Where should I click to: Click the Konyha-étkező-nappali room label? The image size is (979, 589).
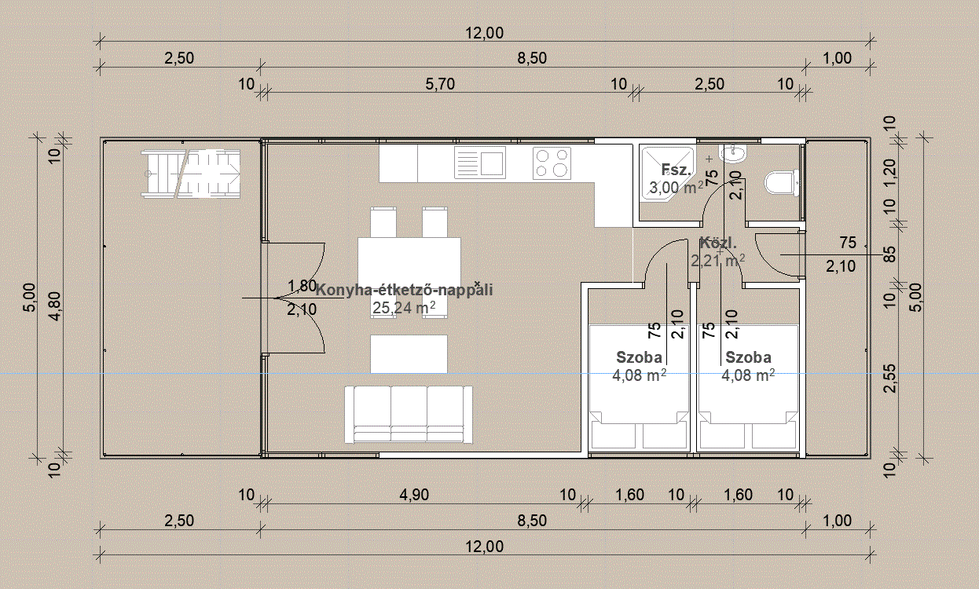[x=404, y=290]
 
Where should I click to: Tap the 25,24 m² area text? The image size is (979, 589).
[x=404, y=308]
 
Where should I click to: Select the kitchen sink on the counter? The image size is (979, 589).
[x=480, y=163]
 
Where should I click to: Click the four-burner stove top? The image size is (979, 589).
[x=552, y=163]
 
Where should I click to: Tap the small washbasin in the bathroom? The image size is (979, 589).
[x=732, y=153]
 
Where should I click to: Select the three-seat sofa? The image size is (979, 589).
[x=409, y=414]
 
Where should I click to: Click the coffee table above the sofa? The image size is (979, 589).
[x=409, y=354]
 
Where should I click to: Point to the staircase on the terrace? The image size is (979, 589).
[x=191, y=174]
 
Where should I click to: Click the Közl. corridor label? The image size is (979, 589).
[x=718, y=243]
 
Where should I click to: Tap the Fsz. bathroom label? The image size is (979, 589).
[x=676, y=169]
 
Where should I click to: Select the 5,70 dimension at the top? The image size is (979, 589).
[x=440, y=84]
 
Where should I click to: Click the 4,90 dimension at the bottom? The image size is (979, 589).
[x=414, y=495]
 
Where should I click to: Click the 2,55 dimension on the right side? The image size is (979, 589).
[x=889, y=379]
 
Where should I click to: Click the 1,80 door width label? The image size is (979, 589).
[x=302, y=286]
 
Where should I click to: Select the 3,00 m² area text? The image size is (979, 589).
[x=676, y=188]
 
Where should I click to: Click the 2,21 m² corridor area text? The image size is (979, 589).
[x=718, y=261]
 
